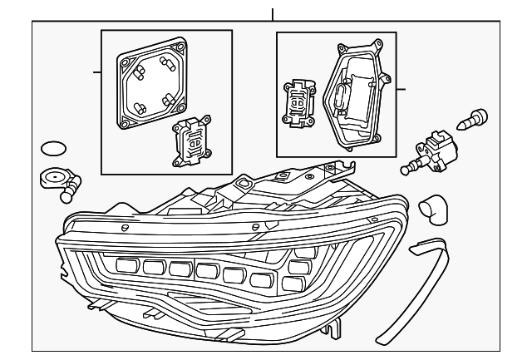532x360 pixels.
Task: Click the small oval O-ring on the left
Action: pyautogui.click(x=53, y=150)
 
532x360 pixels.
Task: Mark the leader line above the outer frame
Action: pyautogui.click(x=272, y=14)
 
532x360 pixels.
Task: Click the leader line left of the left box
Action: pyautogui.click(x=96, y=72)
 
